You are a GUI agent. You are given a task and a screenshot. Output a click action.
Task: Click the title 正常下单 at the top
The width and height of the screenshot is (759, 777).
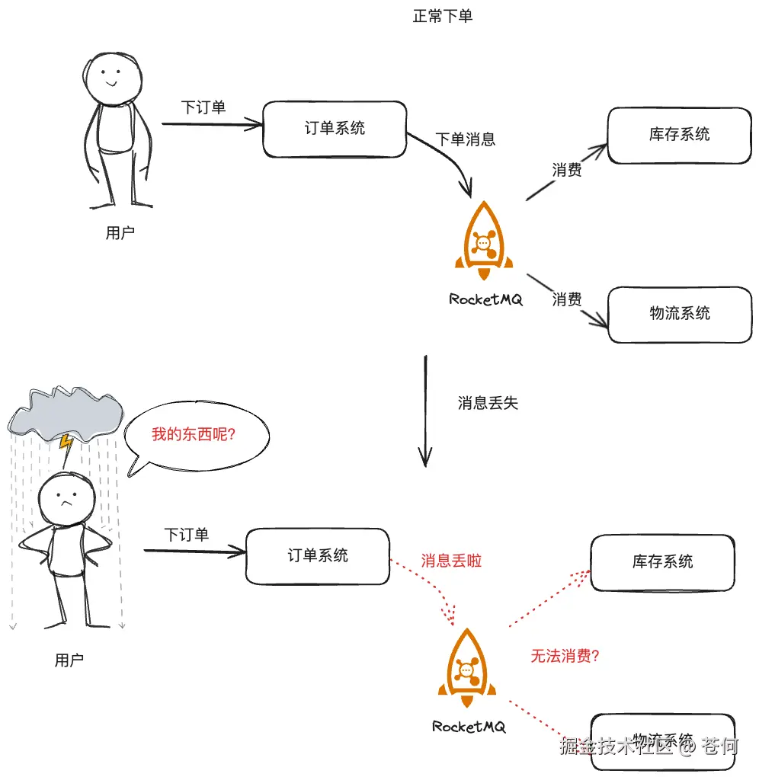click(x=442, y=16)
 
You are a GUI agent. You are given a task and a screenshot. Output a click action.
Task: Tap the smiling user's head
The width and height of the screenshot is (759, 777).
click(x=111, y=75)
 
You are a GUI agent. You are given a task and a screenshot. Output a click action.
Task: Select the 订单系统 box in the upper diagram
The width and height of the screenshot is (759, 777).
click(x=334, y=128)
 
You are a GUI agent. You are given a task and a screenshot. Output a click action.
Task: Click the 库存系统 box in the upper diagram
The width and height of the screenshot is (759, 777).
click(x=679, y=135)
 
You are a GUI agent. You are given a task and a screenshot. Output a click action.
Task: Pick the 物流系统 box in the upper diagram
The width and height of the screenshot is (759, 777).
click(x=679, y=313)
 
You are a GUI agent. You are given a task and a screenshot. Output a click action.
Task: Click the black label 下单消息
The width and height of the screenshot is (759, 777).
click(x=465, y=139)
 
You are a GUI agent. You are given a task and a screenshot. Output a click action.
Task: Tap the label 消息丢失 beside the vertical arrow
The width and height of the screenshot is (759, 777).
click(x=488, y=403)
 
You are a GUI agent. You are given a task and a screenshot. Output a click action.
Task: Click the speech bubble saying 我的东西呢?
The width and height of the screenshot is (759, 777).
click(x=197, y=435)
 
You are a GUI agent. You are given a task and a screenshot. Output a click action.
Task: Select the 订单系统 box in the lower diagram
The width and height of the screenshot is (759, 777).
click(x=317, y=556)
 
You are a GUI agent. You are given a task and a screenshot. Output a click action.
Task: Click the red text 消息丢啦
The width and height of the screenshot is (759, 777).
click(x=451, y=561)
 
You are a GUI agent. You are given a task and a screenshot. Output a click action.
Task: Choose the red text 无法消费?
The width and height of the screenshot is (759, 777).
click(x=565, y=656)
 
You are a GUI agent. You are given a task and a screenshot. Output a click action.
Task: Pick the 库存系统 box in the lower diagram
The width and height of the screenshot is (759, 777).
click(x=662, y=562)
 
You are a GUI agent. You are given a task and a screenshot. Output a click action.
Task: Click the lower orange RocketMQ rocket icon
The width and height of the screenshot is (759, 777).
click(x=467, y=668)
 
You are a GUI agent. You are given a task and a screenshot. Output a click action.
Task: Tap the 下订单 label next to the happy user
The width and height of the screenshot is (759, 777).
click(x=203, y=107)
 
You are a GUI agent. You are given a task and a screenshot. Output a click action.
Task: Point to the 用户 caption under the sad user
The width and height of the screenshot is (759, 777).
click(x=69, y=660)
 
